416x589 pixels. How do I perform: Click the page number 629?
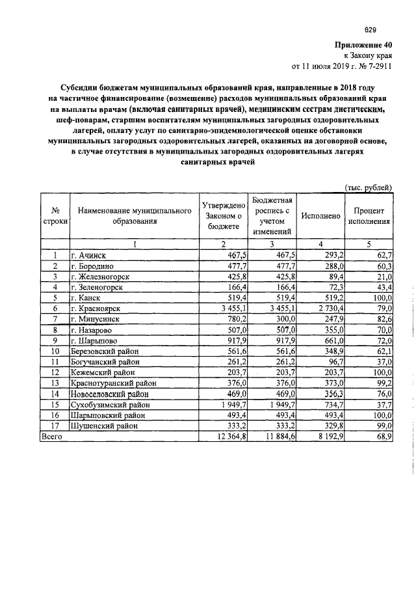[370, 29]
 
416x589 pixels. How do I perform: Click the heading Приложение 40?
[362, 46]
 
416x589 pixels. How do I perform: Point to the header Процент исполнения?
[369, 216]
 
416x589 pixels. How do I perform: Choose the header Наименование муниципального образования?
[134, 216]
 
